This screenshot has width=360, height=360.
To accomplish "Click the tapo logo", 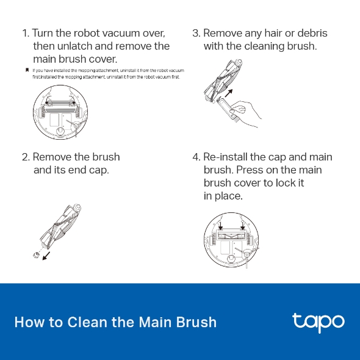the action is coord(319,323).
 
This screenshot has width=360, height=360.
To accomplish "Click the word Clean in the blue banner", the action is coord(87,322).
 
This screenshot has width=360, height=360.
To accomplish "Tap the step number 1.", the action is coord(26,34).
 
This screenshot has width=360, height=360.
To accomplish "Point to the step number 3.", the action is coord(196,34).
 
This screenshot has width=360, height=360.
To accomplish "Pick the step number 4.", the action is coord(196,157).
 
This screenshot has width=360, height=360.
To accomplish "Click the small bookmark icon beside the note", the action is coord(27,70).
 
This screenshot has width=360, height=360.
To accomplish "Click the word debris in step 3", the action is coord(312,33).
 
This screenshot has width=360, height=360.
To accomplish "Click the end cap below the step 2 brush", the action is coord(36,254).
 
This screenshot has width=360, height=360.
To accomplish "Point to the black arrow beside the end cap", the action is coord(46,256).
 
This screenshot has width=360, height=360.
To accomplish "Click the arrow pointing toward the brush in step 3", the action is coord(229,93).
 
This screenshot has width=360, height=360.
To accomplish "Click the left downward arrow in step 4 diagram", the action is coord(220,225).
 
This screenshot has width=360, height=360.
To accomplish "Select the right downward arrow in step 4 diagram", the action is coord(243,225).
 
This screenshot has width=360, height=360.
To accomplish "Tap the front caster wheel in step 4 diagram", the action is coord(231,259).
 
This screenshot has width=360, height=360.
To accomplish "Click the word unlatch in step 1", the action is coord(74,46).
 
